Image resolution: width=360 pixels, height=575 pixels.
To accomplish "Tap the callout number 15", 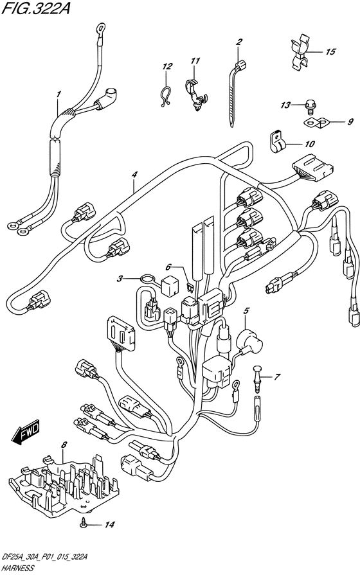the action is point(330,51).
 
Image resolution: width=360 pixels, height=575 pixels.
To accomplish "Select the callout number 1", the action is point(59,94).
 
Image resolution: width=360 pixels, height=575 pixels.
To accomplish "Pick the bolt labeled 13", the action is point(308,107).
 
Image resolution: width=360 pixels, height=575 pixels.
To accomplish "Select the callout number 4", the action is point(134,175).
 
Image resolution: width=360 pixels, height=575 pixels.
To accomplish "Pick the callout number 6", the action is point(168,267).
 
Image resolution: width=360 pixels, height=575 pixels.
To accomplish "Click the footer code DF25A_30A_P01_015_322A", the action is point(44,558).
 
